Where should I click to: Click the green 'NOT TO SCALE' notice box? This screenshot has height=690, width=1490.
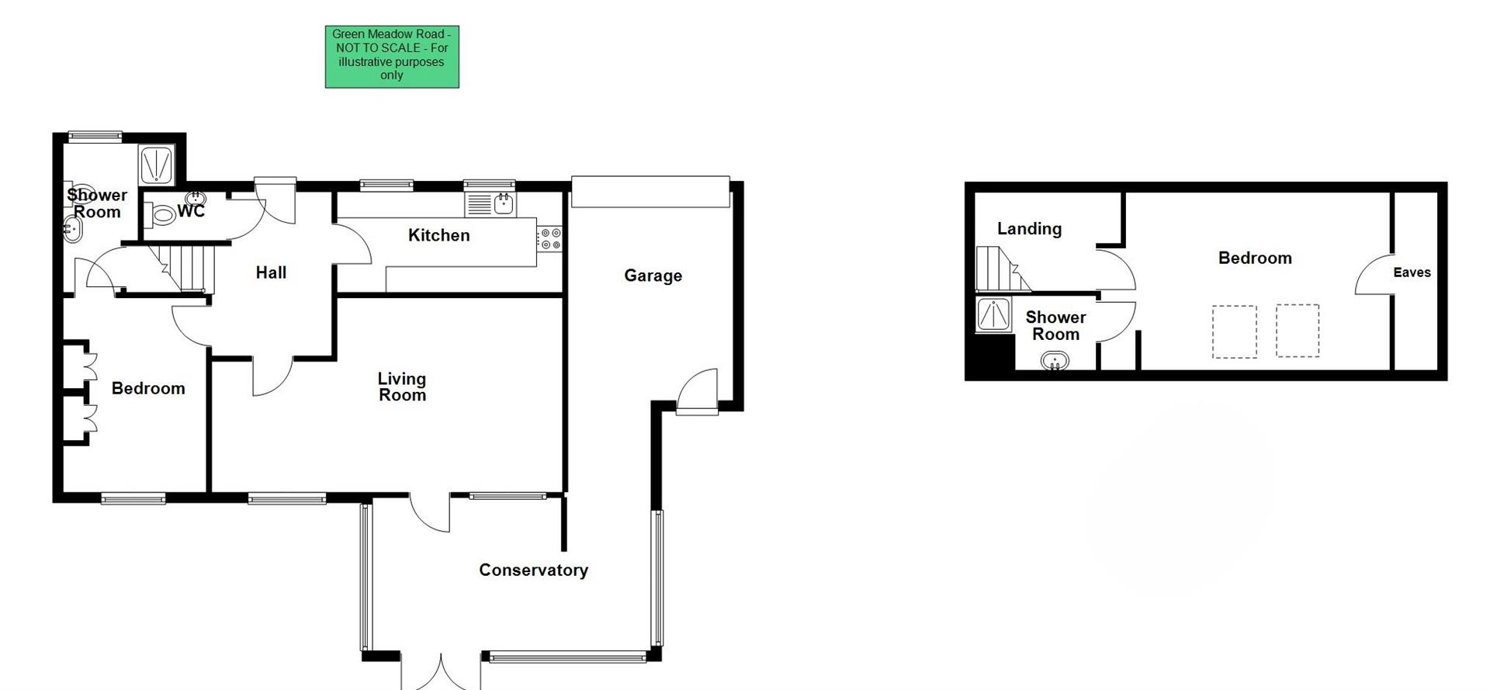point(392,56)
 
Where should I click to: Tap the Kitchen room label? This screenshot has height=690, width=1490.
point(438,235)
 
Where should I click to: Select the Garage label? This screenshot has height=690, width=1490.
point(653,276)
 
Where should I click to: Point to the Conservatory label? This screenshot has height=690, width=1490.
point(533,570)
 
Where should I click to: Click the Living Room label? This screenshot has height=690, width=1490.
point(402,387)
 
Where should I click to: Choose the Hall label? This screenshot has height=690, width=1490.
point(271,272)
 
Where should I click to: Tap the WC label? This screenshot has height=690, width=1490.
point(191,211)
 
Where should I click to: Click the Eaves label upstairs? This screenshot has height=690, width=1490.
point(1412,272)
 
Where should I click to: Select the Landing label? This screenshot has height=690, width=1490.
point(1029,229)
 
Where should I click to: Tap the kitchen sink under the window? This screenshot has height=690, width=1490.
point(504,204)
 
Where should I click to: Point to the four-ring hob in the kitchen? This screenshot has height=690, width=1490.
point(550,238)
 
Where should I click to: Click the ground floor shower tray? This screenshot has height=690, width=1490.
point(156,165)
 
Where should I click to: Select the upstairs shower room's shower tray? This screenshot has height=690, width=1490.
point(993,314)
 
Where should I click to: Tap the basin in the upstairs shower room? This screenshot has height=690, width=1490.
point(1055,361)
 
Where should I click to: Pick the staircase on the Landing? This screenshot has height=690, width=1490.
point(1001,269)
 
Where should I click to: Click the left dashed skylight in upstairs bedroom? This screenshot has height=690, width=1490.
point(1234,332)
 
